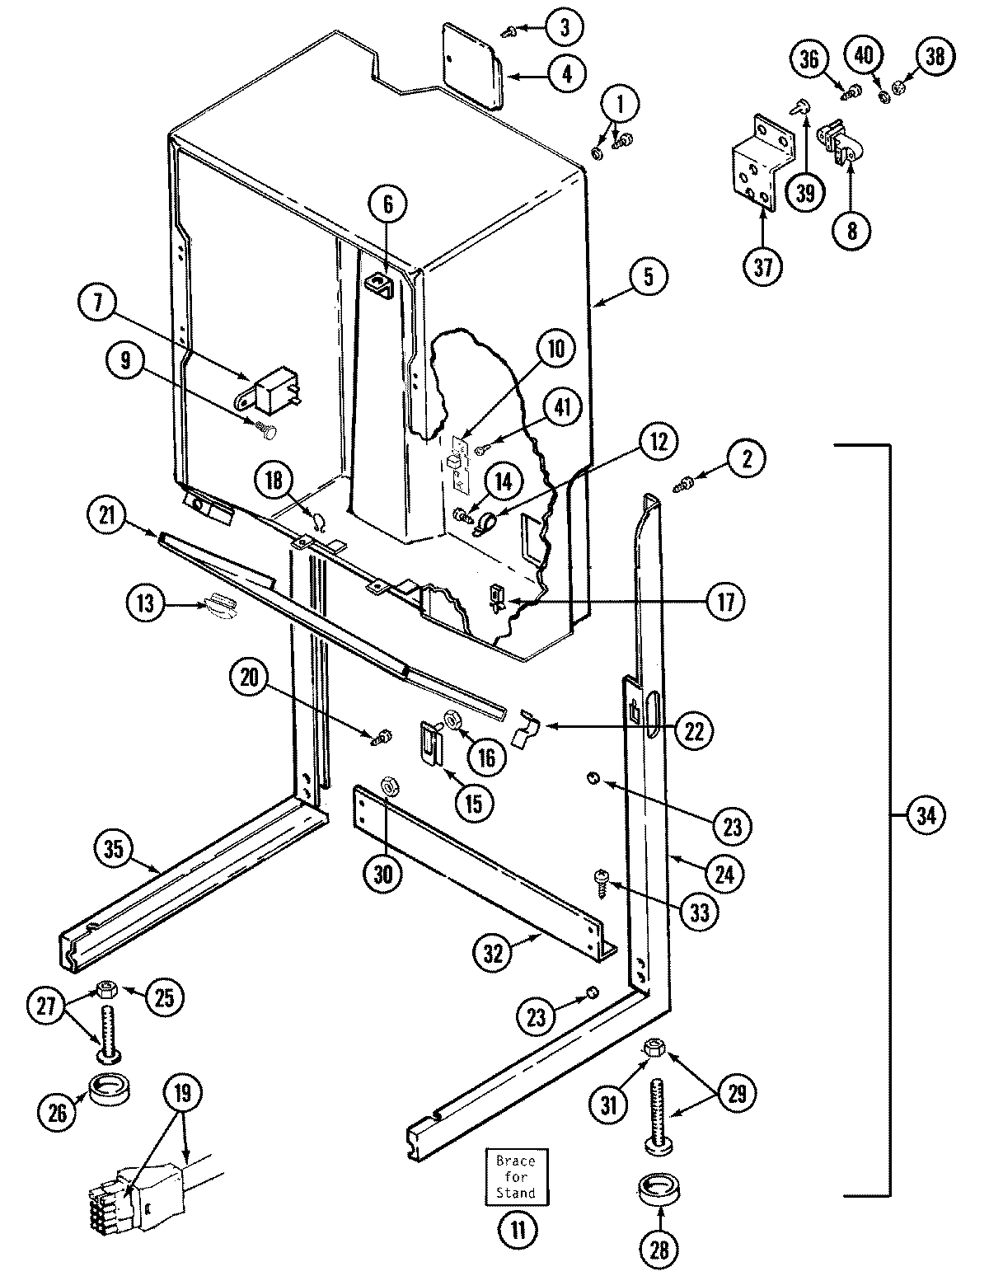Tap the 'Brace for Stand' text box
click(x=515, y=1178)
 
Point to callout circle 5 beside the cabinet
click(x=649, y=277)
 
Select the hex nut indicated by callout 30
click(x=387, y=786)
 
